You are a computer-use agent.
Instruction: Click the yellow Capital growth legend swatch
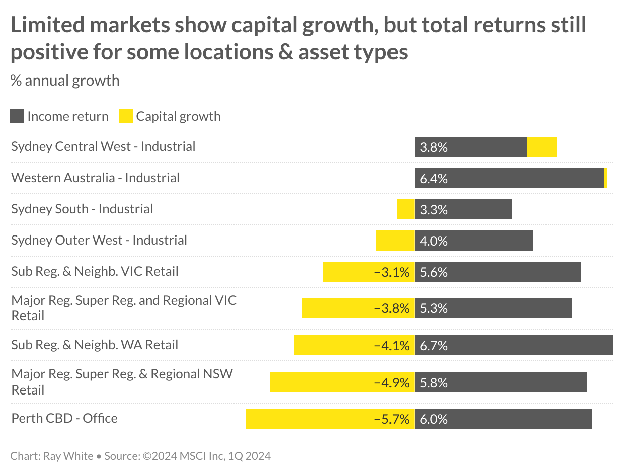(125, 116)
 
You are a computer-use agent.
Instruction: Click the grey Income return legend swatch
(17, 116)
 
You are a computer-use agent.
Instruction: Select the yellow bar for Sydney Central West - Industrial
(541, 147)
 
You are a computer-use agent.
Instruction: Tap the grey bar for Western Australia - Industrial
(508, 178)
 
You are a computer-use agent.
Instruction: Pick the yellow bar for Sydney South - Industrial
(405, 209)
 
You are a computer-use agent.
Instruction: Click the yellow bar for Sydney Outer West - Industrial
(395, 241)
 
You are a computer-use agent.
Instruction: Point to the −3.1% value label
(392, 272)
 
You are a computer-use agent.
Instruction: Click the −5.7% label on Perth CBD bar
(392, 419)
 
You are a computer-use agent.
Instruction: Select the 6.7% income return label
(433, 346)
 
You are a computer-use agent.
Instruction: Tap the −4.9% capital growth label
(392, 383)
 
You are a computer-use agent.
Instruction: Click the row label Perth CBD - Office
(64, 419)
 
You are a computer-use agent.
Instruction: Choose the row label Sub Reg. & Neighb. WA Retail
(95, 345)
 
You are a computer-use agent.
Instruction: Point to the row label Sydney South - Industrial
(82, 209)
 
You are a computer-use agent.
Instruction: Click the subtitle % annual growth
(65, 81)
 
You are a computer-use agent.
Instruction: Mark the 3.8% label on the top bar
(433, 147)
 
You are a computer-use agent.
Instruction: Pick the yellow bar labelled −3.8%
(358, 308)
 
